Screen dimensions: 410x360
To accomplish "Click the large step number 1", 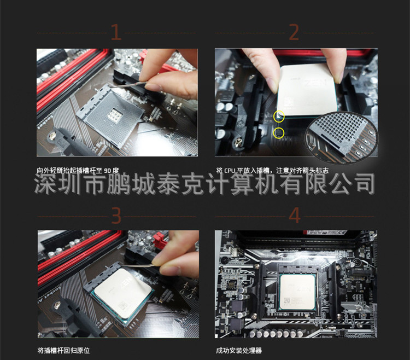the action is pos(116,32).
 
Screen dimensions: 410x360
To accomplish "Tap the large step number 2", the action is pos(294,32).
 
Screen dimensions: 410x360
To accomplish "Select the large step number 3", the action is pos(116,216).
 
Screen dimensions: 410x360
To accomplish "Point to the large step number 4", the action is pos(295,216).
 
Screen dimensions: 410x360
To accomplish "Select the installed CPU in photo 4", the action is pos(297,292).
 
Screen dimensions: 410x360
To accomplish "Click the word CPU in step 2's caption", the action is pos(230,171).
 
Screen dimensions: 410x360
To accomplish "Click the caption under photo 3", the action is pos(63,351).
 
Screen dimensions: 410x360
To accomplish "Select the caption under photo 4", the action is pos(239,351).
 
